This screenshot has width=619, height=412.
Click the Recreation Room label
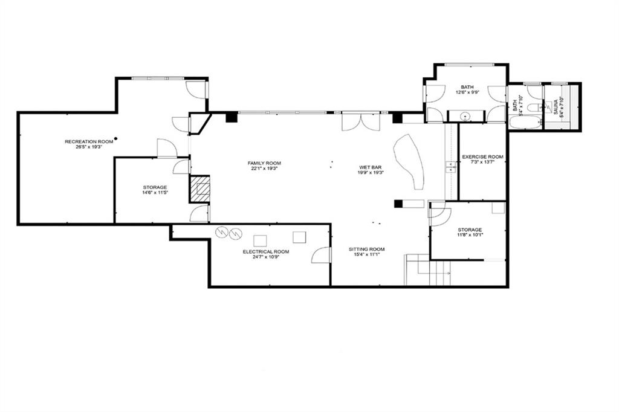coord(89,142)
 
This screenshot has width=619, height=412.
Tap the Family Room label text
coord(264,163)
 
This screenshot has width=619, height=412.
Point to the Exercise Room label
coord(482,157)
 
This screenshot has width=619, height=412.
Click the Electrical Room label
coord(266,251)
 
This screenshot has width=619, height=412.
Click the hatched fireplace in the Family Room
coord(199,188)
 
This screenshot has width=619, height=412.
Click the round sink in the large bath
coord(466,116)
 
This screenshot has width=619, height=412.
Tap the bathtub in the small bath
coord(525,123)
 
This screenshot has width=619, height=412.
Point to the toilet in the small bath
coord(532,108)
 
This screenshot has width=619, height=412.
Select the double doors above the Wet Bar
coord(360,121)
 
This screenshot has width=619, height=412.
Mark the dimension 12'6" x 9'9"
coord(467,92)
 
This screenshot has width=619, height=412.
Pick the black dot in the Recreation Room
coord(116,138)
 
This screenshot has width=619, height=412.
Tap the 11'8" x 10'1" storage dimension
coord(470,236)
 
